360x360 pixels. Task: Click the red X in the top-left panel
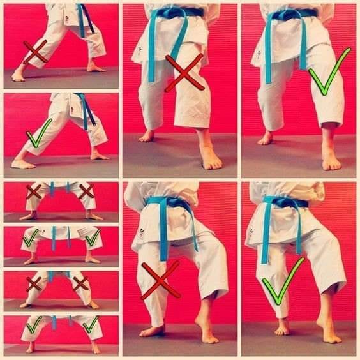pos(35,52)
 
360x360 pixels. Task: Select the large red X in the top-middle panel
pos(184,72)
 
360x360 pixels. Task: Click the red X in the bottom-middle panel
pos(160,280)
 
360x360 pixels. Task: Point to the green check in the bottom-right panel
pos(282,281)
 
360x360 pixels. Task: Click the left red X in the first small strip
pos(34,191)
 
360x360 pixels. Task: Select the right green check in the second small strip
pos(93,238)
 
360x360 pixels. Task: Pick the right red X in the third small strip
pos(80,283)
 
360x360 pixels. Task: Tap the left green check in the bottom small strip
pos(34,324)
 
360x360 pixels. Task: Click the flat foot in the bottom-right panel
pos(281,329)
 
